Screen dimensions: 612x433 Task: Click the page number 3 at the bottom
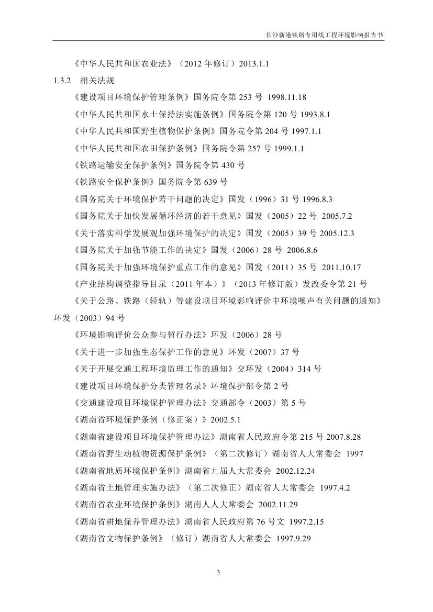tap(217, 572)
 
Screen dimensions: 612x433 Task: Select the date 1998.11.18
tap(287, 97)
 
